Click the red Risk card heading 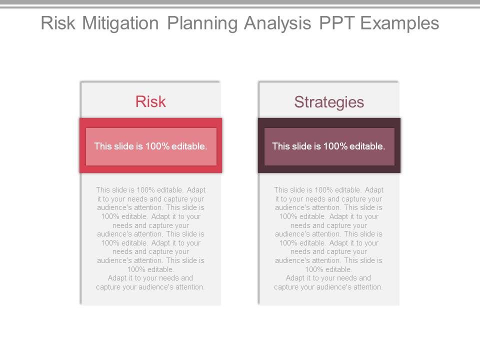tap(150, 102)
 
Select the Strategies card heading tap(329, 102)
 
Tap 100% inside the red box tap(157, 146)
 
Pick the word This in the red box tap(102, 146)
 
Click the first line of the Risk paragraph tap(150, 190)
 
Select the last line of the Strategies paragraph tap(328, 287)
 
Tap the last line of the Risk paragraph tap(150, 287)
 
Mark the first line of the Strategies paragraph tap(328, 190)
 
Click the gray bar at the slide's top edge tap(240, 2)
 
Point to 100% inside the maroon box tap(335, 146)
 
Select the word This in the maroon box tap(280, 146)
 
